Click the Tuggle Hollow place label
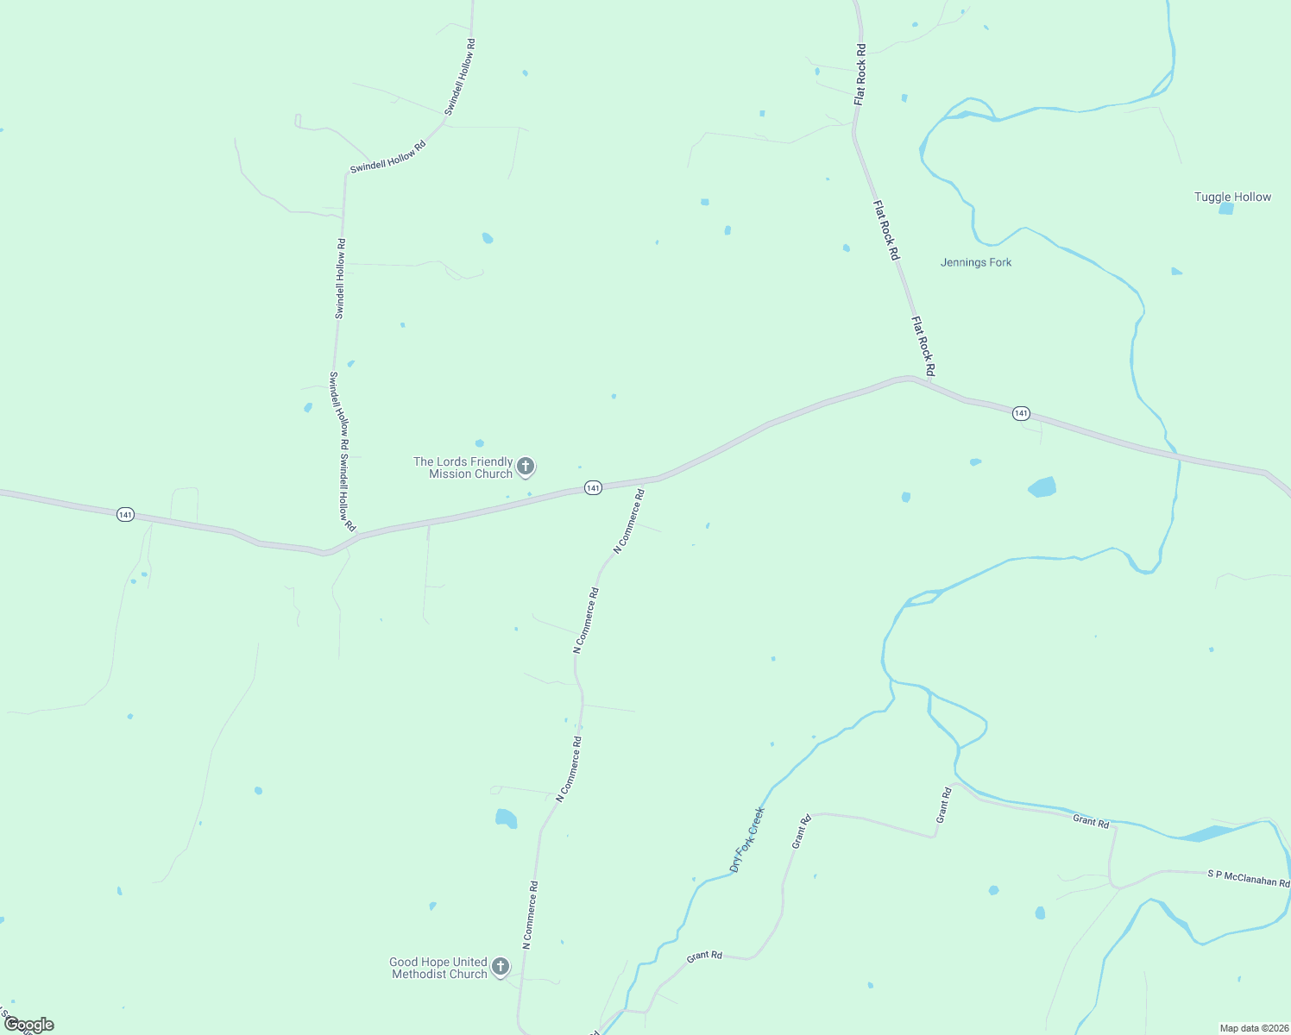tap(1232, 197)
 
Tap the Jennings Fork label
tap(976, 262)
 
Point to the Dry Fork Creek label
tap(747, 839)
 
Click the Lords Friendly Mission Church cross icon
tap(526, 467)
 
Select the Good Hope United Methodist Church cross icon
tap(501, 968)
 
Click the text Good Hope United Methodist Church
tap(438, 968)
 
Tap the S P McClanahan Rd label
tap(1248, 878)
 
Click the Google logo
tap(28, 1025)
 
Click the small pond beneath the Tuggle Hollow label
tap(1226, 209)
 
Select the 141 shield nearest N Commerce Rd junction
tap(593, 488)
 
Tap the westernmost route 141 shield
tap(126, 515)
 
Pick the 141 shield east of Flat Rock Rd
tap(1022, 414)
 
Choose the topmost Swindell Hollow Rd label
tap(460, 77)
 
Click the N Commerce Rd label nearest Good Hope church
tap(530, 915)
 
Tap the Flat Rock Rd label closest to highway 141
tap(923, 346)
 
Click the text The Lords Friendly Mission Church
tap(463, 467)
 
